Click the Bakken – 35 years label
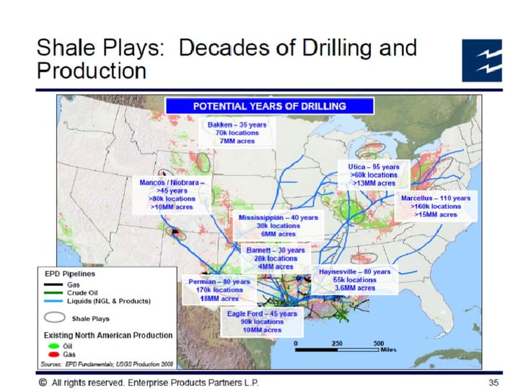click(237, 125)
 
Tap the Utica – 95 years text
click(374, 167)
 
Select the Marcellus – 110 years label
click(436, 198)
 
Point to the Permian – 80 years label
click(219, 281)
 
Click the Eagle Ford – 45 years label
click(262, 314)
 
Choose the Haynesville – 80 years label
click(355, 271)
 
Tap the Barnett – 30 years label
click(276, 250)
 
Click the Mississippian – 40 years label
click(278, 217)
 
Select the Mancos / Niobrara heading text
click(172, 183)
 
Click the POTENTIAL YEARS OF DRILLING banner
click(270, 106)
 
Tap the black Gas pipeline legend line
click(53, 284)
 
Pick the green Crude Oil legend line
click(53, 292)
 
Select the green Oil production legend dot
click(53, 346)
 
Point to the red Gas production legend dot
click(53, 354)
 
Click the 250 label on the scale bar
click(337, 344)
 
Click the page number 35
click(493, 383)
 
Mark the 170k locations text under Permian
click(219, 290)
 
